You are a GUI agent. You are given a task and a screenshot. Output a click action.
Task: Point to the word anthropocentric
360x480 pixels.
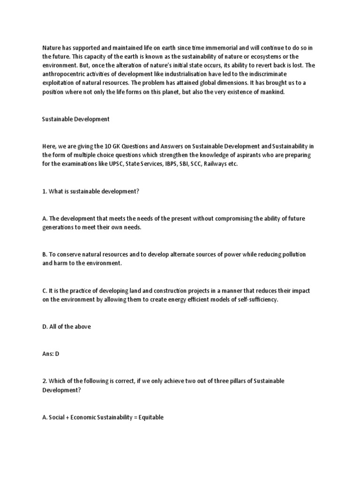coord(64,74)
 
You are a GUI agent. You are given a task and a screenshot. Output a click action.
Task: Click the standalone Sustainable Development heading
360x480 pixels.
coord(75,119)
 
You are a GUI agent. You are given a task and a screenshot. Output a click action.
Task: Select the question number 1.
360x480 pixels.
coord(45,191)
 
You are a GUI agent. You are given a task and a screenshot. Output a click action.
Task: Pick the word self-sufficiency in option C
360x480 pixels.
coord(258,300)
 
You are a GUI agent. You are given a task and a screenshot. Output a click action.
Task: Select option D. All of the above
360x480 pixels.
coord(66,326)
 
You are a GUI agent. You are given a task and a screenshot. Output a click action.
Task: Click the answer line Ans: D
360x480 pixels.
coord(51,353)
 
